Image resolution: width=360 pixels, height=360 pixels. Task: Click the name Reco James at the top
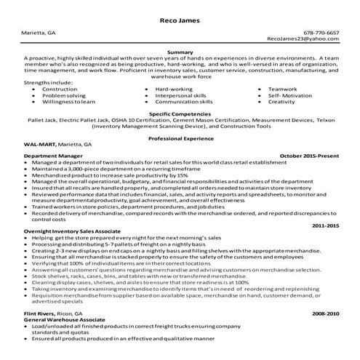(180, 20)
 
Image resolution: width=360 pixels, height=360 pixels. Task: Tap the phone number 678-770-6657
(321, 33)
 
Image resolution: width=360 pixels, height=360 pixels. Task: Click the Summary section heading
(180, 52)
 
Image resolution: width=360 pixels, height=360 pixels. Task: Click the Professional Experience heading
(180, 137)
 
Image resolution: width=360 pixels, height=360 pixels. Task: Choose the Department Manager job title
(53, 156)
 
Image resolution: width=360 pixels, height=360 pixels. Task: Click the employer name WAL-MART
(39, 145)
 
